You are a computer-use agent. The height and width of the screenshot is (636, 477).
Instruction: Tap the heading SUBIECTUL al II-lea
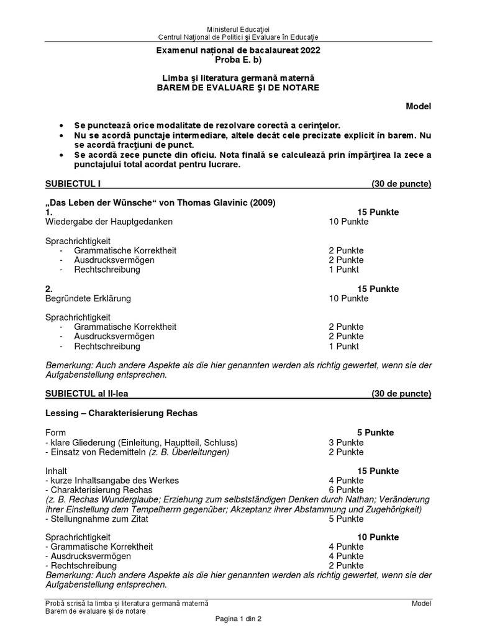[x=87, y=394]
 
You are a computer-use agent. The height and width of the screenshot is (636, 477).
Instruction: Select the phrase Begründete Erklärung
[x=88, y=298]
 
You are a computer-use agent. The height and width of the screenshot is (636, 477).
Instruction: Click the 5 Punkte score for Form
[x=375, y=432]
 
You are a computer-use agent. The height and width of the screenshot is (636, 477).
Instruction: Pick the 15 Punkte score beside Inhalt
[x=378, y=471]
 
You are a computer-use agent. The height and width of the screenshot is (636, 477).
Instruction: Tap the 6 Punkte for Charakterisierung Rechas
[x=346, y=490]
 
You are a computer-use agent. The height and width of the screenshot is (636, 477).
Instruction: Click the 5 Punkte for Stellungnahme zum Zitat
[x=346, y=519]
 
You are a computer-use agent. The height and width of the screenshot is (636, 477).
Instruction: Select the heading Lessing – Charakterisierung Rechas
[x=122, y=413]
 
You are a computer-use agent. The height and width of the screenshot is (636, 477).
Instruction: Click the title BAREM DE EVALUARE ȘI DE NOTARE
[x=238, y=88]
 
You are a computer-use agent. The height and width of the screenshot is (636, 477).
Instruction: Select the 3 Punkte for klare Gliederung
[x=346, y=442]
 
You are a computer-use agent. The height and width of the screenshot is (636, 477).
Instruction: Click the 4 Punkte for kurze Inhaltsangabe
[x=346, y=481]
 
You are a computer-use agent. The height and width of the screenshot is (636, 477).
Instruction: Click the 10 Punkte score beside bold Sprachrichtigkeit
[x=378, y=537]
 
